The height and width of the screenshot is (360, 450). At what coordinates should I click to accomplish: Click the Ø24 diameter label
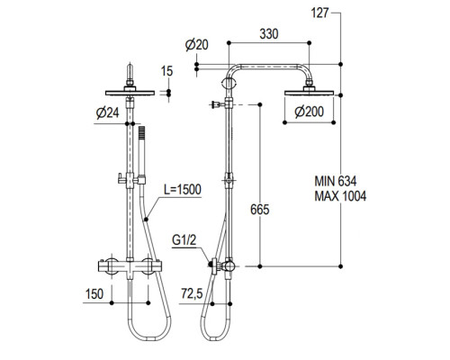click(106, 112)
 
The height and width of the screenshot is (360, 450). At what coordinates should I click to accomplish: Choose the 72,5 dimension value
click(191, 292)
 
